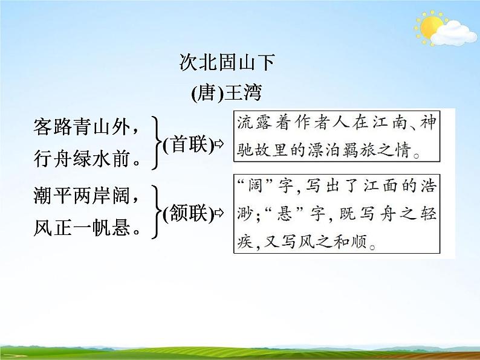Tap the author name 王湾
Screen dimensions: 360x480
[244, 94]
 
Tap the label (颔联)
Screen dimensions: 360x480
[188, 213]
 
